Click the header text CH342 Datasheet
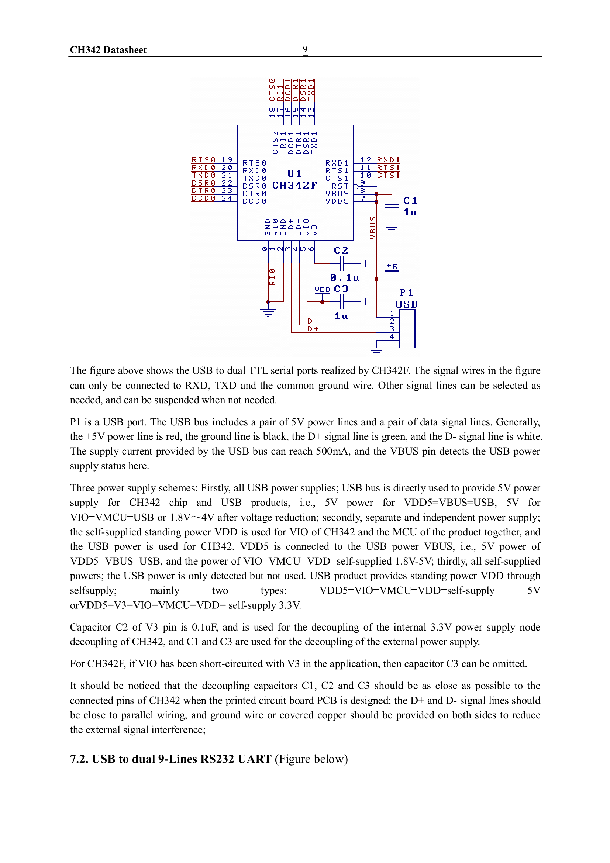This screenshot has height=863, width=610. tap(108, 50)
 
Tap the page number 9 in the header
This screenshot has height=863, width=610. tap(305, 49)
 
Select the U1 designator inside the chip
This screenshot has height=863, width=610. tap(294, 174)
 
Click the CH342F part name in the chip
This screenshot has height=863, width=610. tap(294, 185)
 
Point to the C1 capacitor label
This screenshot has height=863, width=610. tap(410, 201)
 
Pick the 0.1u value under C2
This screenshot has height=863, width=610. tap(344, 277)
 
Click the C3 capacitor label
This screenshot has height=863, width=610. tap(341, 289)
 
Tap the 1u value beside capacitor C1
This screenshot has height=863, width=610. tap(410, 213)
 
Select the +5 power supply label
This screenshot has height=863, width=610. tap(392, 266)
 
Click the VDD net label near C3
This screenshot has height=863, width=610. tap(322, 289)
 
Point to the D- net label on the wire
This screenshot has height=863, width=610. tap(313, 321)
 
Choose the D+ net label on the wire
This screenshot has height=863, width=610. tap(313, 329)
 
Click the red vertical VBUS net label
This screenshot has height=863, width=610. tap(372, 228)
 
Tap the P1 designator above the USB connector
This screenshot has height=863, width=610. tap(406, 293)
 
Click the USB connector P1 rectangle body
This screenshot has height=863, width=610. tap(407, 329)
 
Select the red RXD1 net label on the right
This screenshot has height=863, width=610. tap(388, 160)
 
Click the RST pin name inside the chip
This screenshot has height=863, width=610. tap(340, 186)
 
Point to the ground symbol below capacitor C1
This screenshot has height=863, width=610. tap(392, 228)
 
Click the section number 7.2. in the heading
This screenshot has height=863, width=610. tap(79, 759)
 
